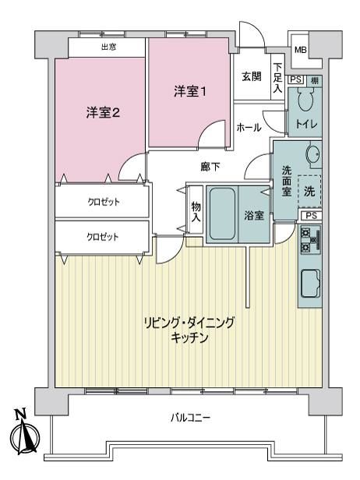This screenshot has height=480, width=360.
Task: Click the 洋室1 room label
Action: click(190, 91)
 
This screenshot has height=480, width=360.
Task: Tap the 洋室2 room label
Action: click(103, 113)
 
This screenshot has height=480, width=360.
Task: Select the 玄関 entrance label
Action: click(252, 76)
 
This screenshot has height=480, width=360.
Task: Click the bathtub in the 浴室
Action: click(223, 214)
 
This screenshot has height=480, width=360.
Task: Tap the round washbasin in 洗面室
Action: click(313, 153)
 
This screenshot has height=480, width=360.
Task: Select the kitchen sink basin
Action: click(311, 283)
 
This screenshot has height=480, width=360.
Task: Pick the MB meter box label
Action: click(300, 50)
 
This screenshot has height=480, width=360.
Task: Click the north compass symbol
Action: click(24, 436)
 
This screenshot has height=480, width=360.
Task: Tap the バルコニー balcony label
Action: click(190, 418)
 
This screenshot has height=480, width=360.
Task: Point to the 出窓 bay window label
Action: click(109, 47)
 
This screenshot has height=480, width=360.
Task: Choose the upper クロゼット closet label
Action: click(104, 202)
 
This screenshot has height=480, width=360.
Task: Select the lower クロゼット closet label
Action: click(103, 237)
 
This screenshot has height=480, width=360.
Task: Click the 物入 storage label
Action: click(196, 212)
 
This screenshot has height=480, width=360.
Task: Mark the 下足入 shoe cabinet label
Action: click(278, 78)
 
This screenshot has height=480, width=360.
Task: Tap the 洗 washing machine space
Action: click(309, 192)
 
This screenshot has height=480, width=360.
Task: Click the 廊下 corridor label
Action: click(210, 167)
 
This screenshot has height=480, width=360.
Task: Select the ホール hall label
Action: click(249, 127)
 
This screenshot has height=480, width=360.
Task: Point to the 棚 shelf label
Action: click(314, 80)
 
